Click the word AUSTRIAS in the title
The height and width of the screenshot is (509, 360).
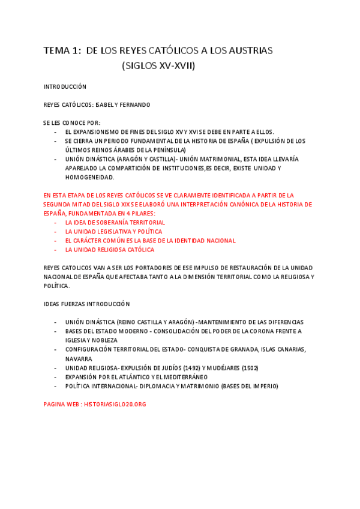pyautogui.click(x=250, y=51)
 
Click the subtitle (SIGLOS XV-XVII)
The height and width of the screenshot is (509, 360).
pyautogui.click(x=158, y=66)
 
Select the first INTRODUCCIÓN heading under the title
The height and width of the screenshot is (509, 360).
pyautogui.click(x=65, y=87)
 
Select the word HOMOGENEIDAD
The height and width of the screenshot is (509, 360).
pyautogui.click(x=89, y=177)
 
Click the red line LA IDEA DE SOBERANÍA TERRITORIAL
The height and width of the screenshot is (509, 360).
pyautogui.click(x=115, y=223)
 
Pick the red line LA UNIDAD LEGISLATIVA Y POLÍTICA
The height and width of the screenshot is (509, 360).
pyautogui.click(x=113, y=232)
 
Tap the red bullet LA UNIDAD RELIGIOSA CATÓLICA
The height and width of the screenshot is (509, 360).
pyautogui.click(x=110, y=250)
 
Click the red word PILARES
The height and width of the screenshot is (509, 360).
pyautogui.click(x=142, y=214)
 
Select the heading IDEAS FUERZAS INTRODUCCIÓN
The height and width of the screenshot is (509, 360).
pyautogui.click(x=86, y=304)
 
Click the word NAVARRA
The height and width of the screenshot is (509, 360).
pyautogui.click(x=79, y=359)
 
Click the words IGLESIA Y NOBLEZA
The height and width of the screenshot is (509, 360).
pyautogui.click(x=92, y=340)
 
